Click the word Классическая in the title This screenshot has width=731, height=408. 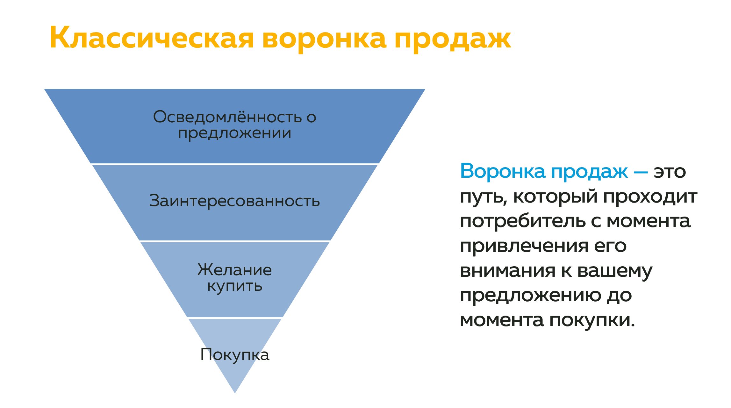coord(152,38)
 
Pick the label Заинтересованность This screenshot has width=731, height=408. coord(234,201)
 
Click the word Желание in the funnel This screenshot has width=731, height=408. coord(234,270)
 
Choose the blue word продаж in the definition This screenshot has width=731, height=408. coord(590,172)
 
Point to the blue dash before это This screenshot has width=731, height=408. coord(641,172)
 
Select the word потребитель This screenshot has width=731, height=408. coord(523,221)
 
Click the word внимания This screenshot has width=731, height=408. coord(508,271)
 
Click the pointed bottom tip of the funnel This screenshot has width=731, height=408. coord(235,393)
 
